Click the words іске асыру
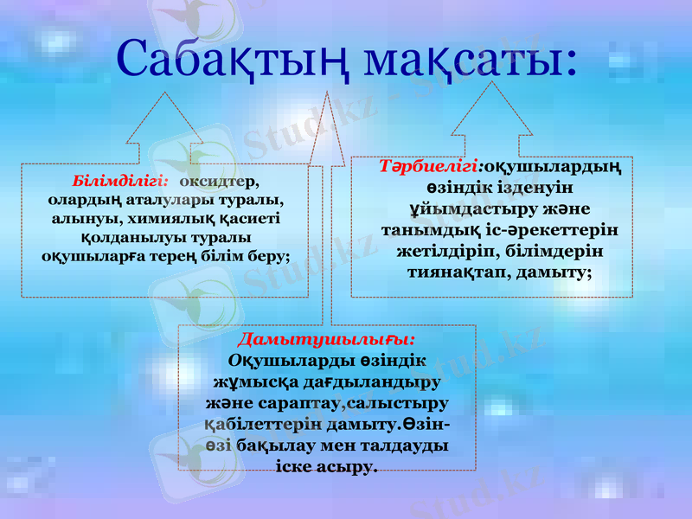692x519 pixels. (326, 466)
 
